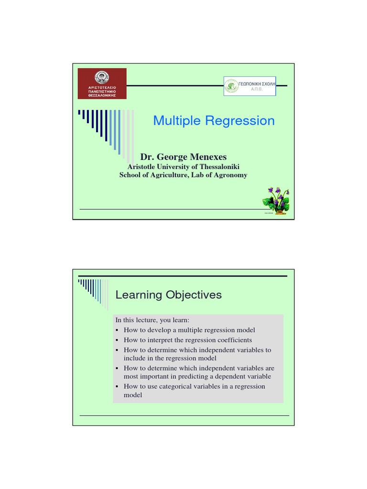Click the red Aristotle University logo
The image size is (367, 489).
tap(102, 84)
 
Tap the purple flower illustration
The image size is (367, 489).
tap(277, 200)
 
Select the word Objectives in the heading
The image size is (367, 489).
tap(194, 295)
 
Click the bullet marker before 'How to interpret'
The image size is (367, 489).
tap(117, 340)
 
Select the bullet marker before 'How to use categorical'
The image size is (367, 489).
tap(117, 386)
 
